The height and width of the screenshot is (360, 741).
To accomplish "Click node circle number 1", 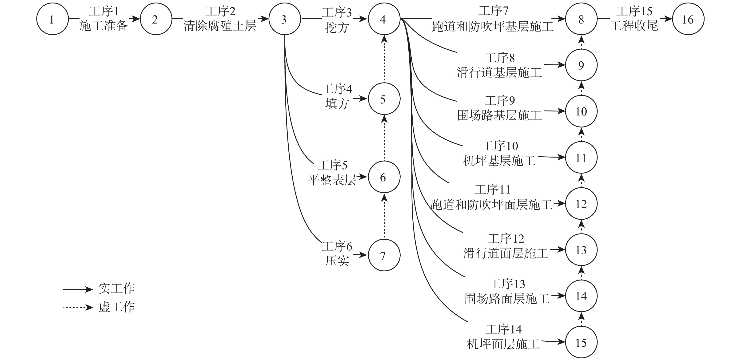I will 53,19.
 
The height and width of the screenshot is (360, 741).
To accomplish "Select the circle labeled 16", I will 688,19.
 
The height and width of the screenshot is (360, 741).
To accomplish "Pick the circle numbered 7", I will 384,255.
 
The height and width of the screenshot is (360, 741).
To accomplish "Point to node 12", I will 581,204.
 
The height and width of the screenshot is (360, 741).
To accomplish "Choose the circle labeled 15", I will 581,342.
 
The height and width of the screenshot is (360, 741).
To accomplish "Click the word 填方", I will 337,103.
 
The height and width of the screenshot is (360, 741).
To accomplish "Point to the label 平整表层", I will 332,180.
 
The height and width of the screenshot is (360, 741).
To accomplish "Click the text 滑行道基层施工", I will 499,72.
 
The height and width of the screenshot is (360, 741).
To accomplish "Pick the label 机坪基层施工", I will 499,161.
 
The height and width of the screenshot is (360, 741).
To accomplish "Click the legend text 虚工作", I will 116,307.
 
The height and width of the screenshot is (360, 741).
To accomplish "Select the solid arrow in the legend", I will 78,289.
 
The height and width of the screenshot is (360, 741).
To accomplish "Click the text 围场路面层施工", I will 507,299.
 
